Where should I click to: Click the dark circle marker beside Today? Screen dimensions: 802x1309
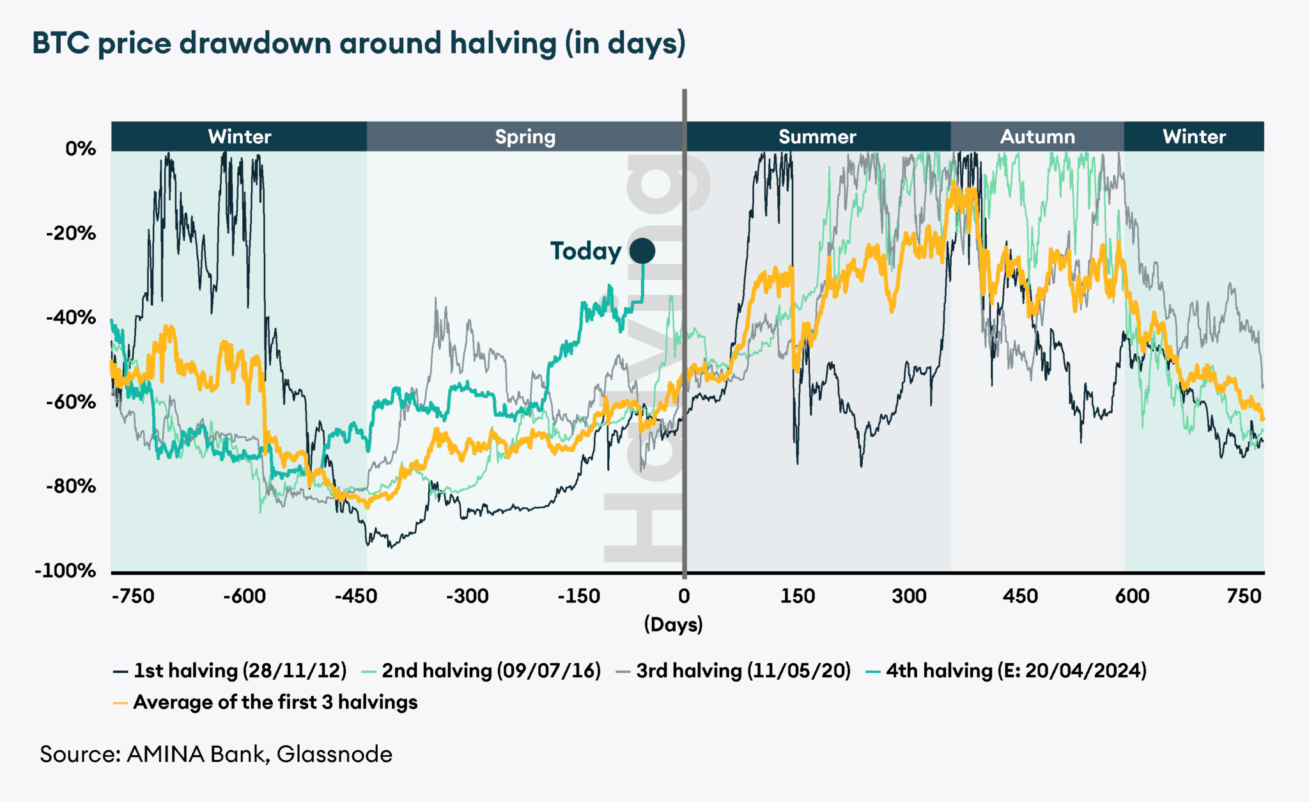pyautogui.click(x=642, y=251)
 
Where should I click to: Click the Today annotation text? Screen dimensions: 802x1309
pyautogui.click(x=585, y=251)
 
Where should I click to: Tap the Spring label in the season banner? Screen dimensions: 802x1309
pyautogui.click(x=525, y=137)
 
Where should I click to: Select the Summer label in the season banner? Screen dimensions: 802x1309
pyautogui.click(x=817, y=137)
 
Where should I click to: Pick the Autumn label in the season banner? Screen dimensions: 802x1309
pyautogui.click(x=1037, y=137)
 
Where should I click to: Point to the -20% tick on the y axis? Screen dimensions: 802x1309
pyautogui.click(x=71, y=233)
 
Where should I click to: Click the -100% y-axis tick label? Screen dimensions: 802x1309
pyautogui.click(x=66, y=570)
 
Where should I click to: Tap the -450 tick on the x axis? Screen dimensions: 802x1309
pyautogui.click(x=356, y=597)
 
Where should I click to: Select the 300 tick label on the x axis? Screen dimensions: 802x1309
pyautogui.click(x=909, y=597)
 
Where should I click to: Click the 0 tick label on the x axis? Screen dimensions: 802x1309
pyautogui.click(x=684, y=597)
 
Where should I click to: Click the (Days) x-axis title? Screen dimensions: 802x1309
pyautogui.click(x=673, y=624)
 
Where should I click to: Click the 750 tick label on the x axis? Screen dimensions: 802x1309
pyautogui.click(x=1244, y=597)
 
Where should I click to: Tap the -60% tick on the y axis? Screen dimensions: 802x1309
pyautogui.click(x=71, y=402)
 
